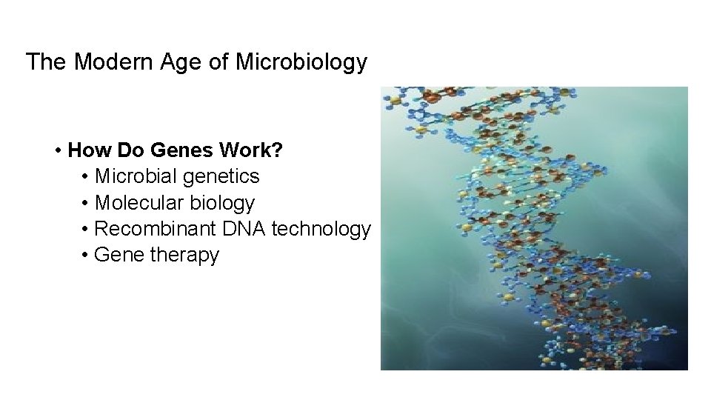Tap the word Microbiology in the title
pos(301,62)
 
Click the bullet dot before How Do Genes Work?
pos(58,151)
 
